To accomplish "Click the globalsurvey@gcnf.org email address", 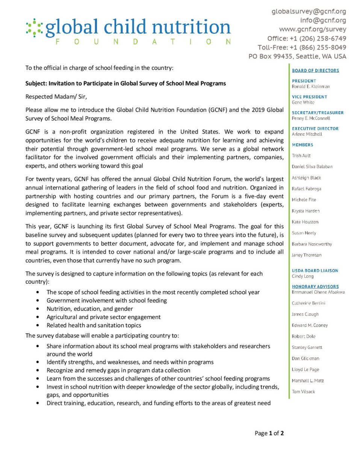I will (309, 11).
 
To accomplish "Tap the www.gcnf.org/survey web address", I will (312, 29).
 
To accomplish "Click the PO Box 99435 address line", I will (297, 56).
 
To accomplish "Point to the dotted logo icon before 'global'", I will (34, 27).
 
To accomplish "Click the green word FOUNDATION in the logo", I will (143, 42).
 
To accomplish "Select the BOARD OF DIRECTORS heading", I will (315, 70).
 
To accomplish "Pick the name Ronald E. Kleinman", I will (311, 86).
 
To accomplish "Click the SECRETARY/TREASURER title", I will (318, 112).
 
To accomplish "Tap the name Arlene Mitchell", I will (307, 134).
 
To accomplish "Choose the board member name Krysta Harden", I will (306, 211).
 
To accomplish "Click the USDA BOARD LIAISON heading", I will (315, 271).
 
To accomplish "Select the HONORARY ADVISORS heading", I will (315, 286).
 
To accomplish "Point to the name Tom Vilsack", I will (303, 392).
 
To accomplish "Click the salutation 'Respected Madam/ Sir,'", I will (56, 97).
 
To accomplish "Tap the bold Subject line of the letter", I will (126, 83).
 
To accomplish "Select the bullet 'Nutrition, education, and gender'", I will (89, 309).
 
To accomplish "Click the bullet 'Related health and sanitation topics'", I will (94, 325).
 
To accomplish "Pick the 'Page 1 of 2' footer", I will (269, 433).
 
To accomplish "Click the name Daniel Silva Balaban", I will (312, 166).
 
